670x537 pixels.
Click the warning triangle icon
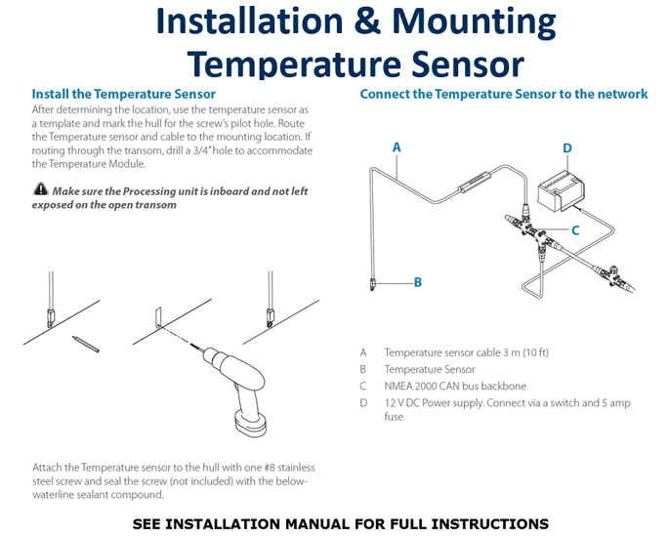pos(41,188)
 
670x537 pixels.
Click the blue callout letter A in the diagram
pos(397,147)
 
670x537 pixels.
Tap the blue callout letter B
pos(418,282)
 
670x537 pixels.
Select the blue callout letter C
pos(575,230)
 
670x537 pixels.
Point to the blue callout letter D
pos(567,148)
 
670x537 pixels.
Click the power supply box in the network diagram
pos(561,191)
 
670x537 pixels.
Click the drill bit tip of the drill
pos(191,345)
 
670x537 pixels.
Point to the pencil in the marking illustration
pos(86,344)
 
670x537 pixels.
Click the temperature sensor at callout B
pos(372,284)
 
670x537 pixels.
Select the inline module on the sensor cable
pos(474,182)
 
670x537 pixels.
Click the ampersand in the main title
pos(366,21)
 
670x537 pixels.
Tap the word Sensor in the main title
pos(468,63)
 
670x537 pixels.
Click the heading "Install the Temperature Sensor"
pos(124,94)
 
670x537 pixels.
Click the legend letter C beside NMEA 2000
pos(362,387)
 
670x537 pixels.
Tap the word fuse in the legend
pos(394,417)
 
